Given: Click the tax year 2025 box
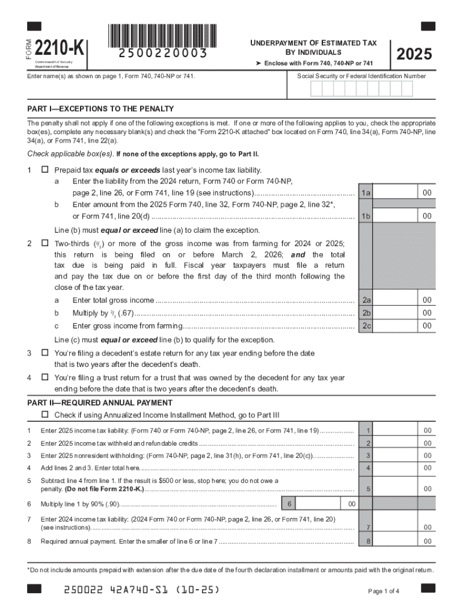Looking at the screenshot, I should (414, 54).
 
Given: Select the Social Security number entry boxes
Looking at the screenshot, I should (361, 89).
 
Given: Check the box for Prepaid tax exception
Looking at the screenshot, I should (44, 170).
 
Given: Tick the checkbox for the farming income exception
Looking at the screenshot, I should (44, 244).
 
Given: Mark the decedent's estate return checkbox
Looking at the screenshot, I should (44, 353).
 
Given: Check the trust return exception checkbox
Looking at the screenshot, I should (44, 378).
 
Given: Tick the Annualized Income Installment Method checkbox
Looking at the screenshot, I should (44, 415).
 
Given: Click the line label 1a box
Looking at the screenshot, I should (366, 192).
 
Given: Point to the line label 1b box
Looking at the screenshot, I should (366, 216).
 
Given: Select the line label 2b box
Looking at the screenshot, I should (366, 313).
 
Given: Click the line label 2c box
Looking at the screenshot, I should (366, 325).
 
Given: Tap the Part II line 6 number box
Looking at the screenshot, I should (289, 504).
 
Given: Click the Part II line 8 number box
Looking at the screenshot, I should (368, 541).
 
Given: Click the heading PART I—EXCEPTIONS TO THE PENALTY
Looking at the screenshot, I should (100, 109).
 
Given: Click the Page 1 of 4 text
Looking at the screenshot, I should (384, 591).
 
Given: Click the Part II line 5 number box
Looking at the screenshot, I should (368, 489).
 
